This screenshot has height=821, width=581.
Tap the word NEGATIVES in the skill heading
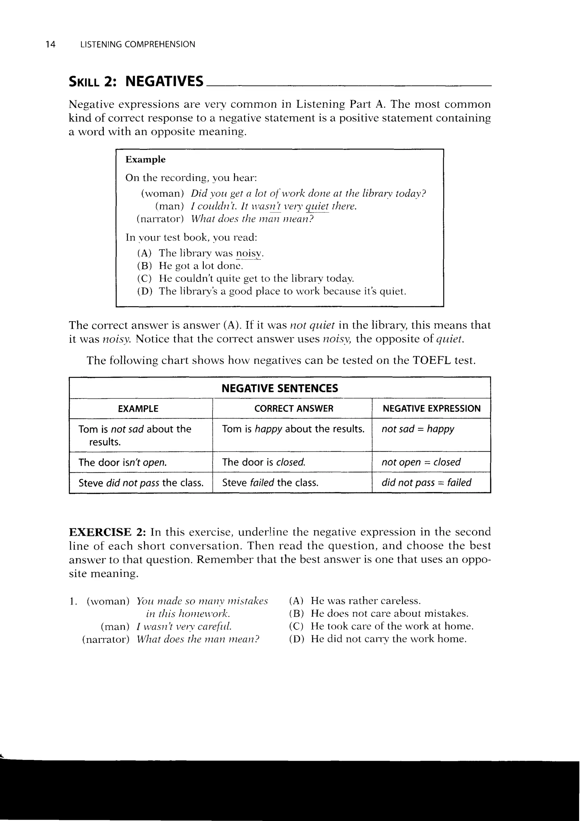pos(164,82)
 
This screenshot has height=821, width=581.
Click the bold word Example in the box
pos(145,160)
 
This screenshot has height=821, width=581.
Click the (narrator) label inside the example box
pos(160,219)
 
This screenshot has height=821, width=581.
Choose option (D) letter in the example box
pos(144,291)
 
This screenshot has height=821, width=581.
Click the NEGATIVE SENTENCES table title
pos(279,388)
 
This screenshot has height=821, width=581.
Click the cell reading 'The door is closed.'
pos(264,462)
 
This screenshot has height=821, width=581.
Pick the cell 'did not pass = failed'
pos(426,483)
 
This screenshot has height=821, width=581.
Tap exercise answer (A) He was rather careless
pos(365,601)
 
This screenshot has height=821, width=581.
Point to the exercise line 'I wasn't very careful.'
pos(184,627)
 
